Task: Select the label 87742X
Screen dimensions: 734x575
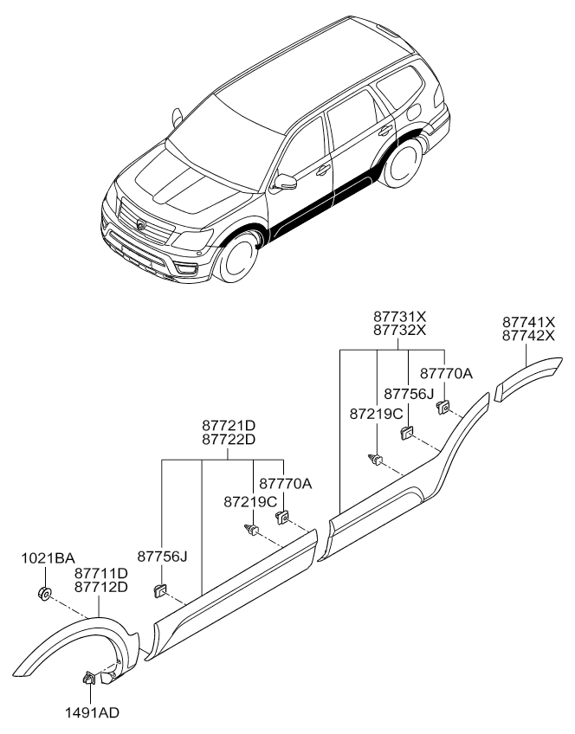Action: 528,335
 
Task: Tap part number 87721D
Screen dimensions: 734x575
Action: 229,426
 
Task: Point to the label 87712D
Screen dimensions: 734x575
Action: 101,587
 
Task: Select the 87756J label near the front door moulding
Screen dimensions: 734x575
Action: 162,556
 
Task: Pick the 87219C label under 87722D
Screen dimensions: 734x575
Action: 249,502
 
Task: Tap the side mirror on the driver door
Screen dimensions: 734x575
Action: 286,182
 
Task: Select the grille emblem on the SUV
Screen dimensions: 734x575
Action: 141,222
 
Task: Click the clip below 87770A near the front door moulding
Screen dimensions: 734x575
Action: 282,518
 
